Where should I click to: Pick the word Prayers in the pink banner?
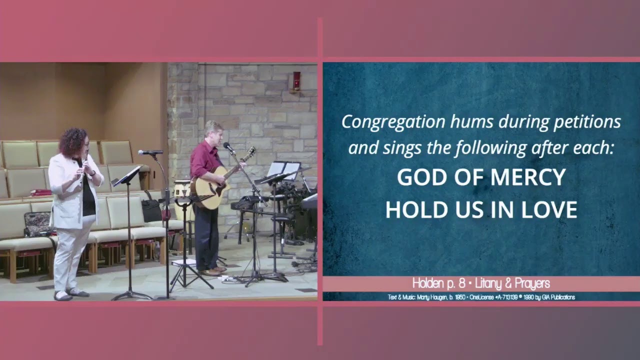tap(531, 283)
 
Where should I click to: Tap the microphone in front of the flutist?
tap(150, 152)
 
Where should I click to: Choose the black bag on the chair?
tap(151, 210)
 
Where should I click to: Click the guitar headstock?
tap(250, 152)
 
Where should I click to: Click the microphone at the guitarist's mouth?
tap(227, 146)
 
